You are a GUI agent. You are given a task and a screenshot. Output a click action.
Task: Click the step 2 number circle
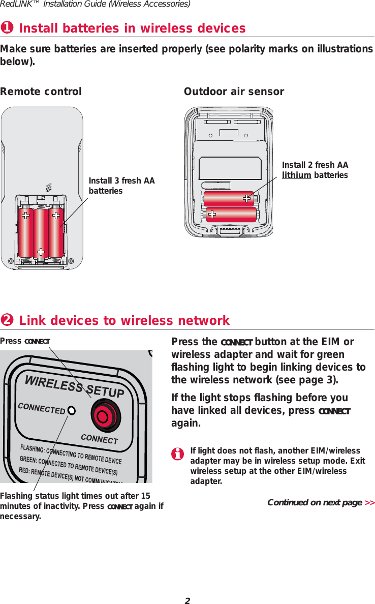tap(7, 321)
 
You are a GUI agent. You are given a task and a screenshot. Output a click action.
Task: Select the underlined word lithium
tap(296, 175)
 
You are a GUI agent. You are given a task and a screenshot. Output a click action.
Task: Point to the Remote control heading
tap(41, 92)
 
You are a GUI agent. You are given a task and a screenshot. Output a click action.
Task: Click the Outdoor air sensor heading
tap(234, 92)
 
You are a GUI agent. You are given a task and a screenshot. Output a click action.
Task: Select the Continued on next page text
tap(315, 503)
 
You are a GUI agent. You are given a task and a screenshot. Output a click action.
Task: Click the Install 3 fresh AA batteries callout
tap(121, 186)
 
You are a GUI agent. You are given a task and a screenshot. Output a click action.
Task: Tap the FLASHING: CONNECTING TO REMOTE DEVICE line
tap(71, 454)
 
